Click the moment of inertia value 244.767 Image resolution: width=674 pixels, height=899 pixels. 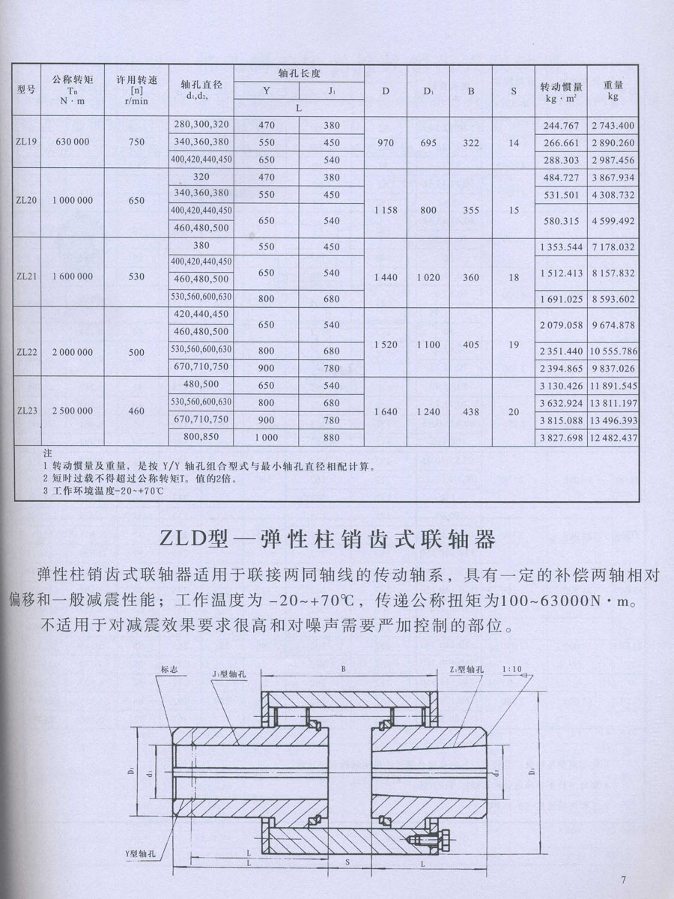click(x=562, y=125)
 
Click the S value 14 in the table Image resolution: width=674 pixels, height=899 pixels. click(x=514, y=142)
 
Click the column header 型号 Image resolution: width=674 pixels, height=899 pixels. click(x=27, y=91)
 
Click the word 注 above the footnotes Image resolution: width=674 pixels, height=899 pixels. click(x=47, y=453)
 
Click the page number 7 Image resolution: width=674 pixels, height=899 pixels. click(x=623, y=880)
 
